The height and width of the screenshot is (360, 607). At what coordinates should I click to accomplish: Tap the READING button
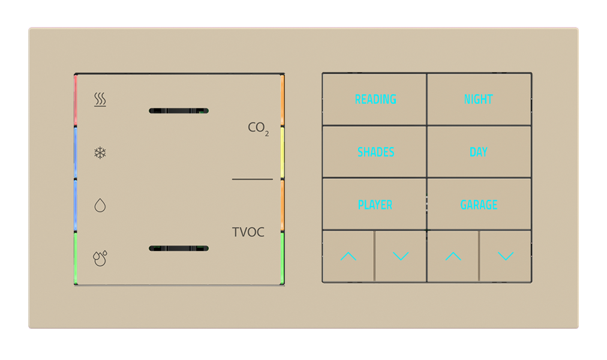coord(375,100)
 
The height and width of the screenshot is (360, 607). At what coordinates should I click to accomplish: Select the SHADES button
coord(375,152)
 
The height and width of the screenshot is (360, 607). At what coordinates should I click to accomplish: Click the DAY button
coord(479,152)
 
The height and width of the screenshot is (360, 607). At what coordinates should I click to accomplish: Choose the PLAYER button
coord(375,205)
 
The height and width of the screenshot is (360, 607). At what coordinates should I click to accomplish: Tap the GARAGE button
coord(479,205)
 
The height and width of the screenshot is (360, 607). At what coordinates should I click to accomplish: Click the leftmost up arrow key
coord(348,256)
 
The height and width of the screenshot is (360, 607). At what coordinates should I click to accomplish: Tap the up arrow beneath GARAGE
coord(453,256)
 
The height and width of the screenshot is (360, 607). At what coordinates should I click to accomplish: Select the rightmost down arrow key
coord(506,256)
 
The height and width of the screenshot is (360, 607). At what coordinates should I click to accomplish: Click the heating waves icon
coord(100,100)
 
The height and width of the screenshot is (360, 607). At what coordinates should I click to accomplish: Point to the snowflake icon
coord(100,152)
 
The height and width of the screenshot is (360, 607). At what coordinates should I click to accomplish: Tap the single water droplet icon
coord(100,206)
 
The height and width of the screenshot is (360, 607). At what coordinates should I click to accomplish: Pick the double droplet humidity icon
coord(100,258)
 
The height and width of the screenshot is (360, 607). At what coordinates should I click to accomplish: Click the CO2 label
coord(258,128)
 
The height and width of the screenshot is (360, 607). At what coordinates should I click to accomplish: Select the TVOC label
coord(248,232)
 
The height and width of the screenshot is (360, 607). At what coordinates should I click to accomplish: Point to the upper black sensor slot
coord(178,110)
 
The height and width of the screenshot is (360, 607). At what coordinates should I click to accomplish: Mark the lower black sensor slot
coord(178,248)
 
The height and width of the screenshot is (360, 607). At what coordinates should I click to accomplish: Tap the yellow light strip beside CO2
coord(283,152)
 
